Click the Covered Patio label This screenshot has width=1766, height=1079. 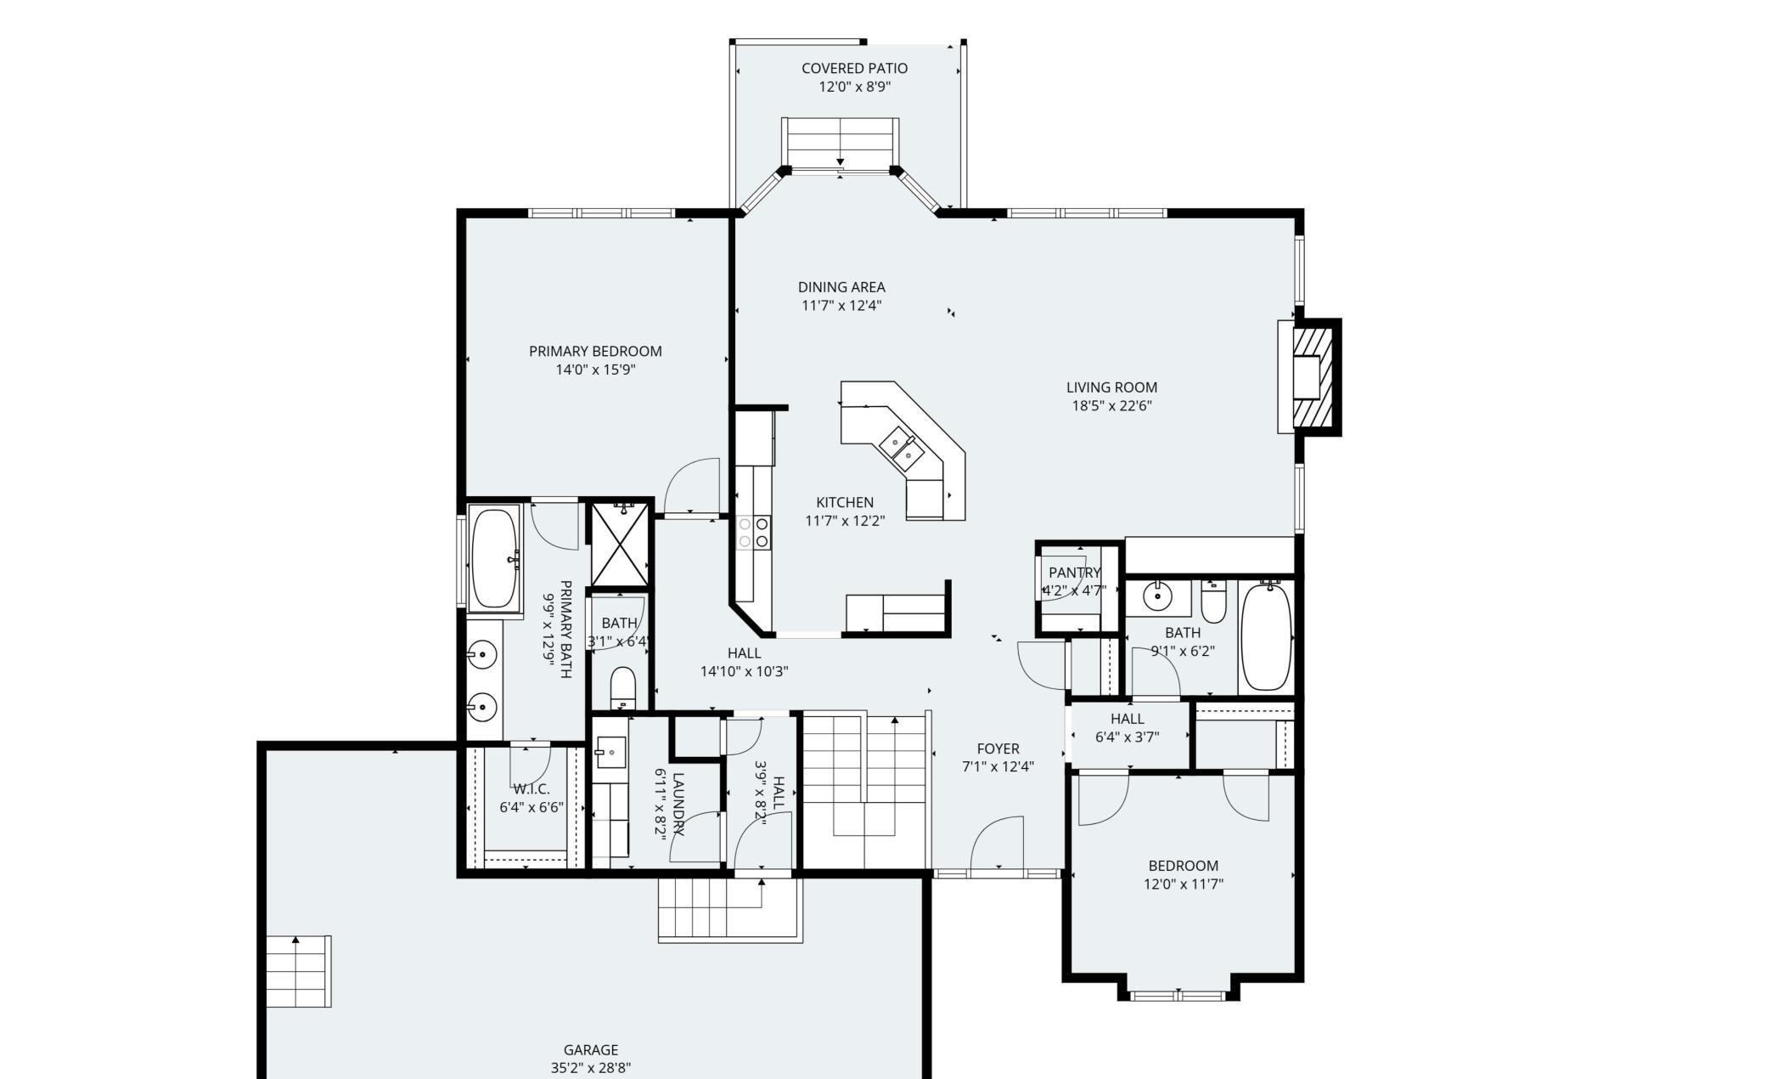854,68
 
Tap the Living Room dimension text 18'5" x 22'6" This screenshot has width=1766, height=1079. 1111,406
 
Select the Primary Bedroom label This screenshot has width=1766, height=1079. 595,351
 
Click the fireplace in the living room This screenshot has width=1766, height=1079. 1310,377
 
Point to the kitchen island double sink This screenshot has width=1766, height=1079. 902,449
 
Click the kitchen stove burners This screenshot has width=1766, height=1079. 753,532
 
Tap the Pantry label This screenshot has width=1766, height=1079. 1074,573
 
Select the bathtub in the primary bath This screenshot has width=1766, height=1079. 495,557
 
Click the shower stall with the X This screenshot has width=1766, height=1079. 620,544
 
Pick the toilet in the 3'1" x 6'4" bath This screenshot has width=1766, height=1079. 623,688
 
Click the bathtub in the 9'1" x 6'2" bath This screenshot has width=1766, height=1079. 1265,636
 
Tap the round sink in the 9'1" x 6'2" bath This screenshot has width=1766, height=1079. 1157,596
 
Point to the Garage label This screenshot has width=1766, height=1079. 591,1050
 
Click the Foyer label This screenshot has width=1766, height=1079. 998,749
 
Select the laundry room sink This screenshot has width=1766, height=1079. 610,752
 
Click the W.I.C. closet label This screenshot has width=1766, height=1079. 531,789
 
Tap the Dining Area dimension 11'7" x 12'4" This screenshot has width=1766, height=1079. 841,306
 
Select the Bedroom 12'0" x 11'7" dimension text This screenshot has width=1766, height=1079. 1183,884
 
